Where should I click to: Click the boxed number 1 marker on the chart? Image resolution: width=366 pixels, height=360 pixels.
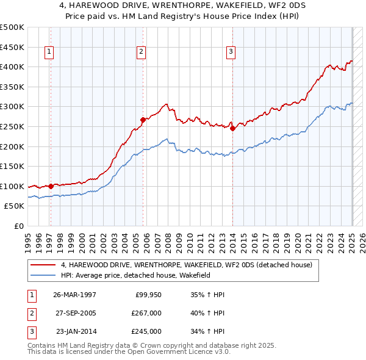(48, 52)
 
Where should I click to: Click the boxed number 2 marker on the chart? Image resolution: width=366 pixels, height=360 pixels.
(141, 52)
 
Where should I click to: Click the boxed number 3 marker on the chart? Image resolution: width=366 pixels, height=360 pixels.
(231, 52)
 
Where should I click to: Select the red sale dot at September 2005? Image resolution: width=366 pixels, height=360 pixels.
(143, 120)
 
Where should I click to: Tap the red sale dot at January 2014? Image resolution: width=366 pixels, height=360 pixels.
(232, 129)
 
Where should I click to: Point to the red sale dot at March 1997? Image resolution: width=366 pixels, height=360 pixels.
(51, 186)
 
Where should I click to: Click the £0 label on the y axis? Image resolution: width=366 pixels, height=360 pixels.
(18, 226)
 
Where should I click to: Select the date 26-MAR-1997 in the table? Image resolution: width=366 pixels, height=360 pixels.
(74, 295)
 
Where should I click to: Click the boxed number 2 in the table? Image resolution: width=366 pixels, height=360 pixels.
(31, 313)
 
